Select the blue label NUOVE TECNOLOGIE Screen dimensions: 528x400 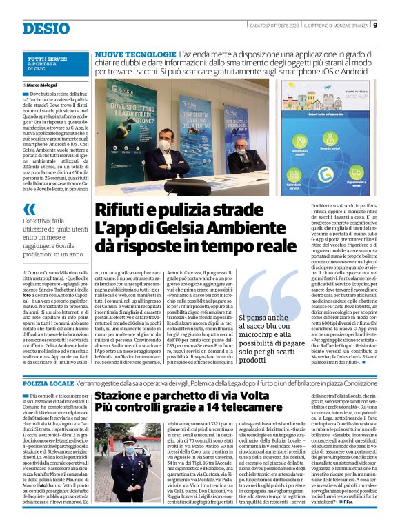pyautogui.click(x=134, y=53)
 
